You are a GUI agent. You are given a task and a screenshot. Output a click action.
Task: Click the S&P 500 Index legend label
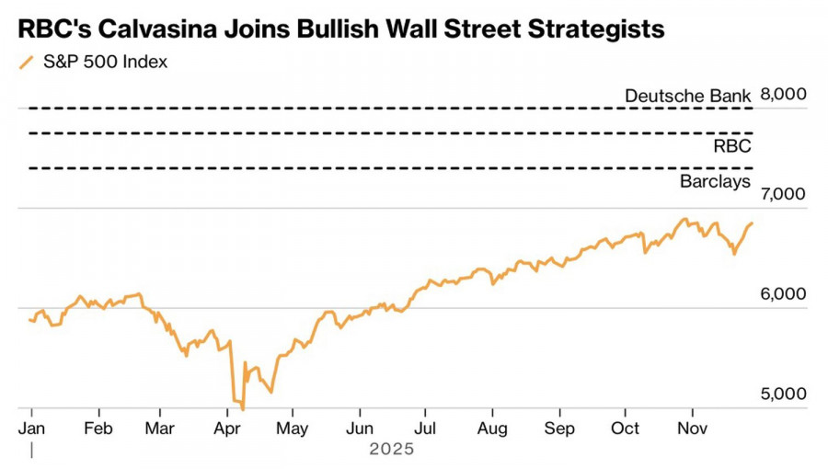click(x=106, y=63)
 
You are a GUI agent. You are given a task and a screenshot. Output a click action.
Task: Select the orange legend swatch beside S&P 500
click(x=26, y=63)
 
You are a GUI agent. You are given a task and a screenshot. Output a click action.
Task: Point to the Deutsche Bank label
click(x=687, y=96)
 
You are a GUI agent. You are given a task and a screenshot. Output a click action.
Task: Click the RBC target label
click(x=732, y=145)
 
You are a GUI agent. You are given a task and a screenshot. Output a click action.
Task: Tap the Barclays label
click(x=715, y=181)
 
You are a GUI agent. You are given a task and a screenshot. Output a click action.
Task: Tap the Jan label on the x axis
click(x=32, y=429)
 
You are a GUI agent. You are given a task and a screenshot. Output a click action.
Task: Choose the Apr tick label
click(x=227, y=429)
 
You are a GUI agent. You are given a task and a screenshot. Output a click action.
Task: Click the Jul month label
click(x=425, y=429)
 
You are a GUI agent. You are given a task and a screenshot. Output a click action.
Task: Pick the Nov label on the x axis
click(x=692, y=429)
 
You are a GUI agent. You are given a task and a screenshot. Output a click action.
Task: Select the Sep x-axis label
click(x=559, y=429)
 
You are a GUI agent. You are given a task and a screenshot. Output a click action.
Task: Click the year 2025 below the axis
click(x=392, y=450)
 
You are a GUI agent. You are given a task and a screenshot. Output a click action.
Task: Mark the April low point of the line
click(x=242, y=408)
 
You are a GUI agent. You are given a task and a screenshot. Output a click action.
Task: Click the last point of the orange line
click(x=753, y=223)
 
